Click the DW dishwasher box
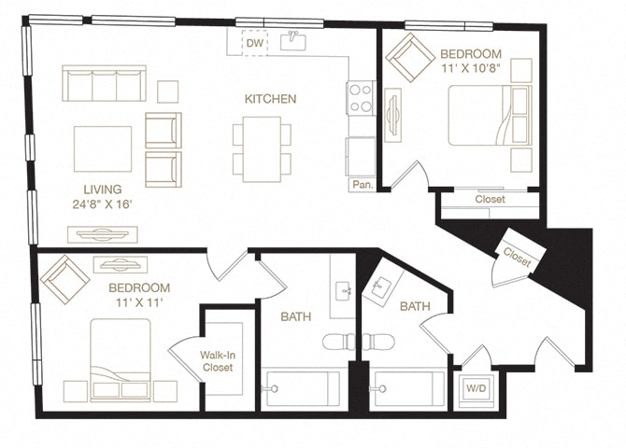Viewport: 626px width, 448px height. pyautogui.click(x=255, y=43)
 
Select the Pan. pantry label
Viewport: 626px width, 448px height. pyautogui.click(x=363, y=185)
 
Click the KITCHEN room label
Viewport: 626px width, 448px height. pyautogui.click(x=271, y=99)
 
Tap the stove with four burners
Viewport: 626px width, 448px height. pyautogui.click(x=361, y=98)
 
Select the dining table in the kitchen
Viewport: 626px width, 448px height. pyautogui.click(x=262, y=147)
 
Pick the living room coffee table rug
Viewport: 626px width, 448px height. pyautogui.click(x=103, y=149)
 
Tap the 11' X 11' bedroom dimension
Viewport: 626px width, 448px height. pyautogui.click(x=138, y=303)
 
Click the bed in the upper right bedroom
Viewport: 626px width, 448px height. pyautogui.click(x=488, y=116)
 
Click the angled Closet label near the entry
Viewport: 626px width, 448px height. pyautogui.click(x=517, y=257)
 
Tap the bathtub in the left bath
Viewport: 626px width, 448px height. pyautogui.click(x=303, y=388)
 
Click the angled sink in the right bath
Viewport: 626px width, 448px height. pyautogui.click(x=381, y=287)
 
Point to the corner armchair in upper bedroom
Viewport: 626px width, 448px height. pyautogui.click(x=409, y=58)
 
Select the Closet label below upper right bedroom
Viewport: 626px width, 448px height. pyautogui.click(x=490, y=200)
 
